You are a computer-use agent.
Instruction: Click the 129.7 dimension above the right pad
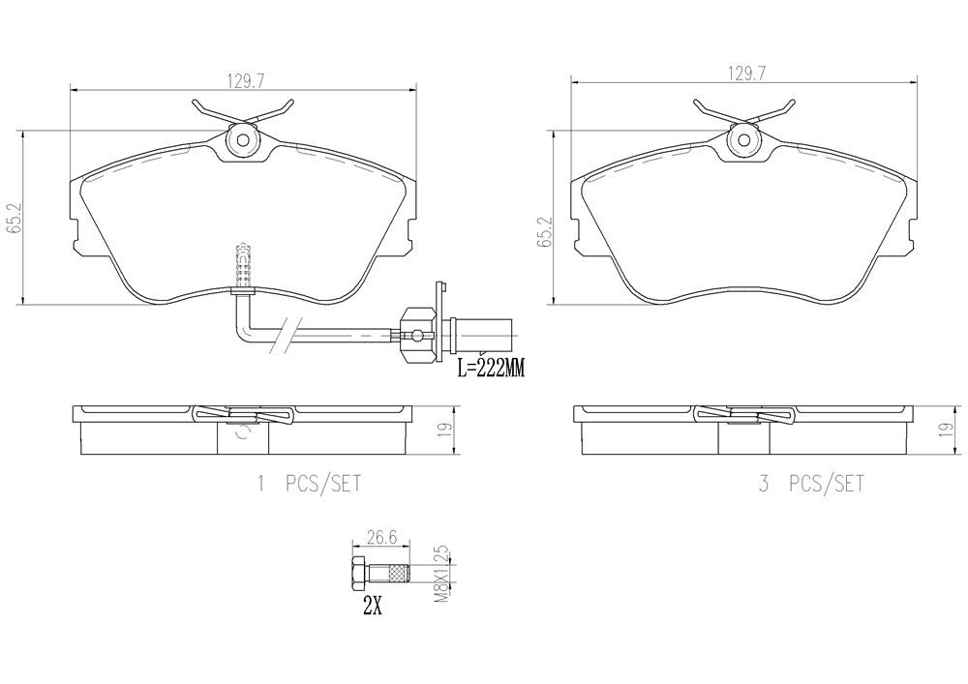(746, 74)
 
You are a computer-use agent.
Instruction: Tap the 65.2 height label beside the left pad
(13, 217)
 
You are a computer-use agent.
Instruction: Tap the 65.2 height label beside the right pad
(543, 232)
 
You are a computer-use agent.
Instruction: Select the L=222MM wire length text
(491, 370)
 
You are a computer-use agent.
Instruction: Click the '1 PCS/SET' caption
(309, 484)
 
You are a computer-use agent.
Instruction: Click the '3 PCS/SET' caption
(811, 484)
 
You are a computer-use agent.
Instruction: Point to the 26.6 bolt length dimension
(380, 537)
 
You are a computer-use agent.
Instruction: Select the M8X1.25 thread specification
(442, 575)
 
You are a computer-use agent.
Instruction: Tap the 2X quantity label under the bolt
(373, 608)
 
